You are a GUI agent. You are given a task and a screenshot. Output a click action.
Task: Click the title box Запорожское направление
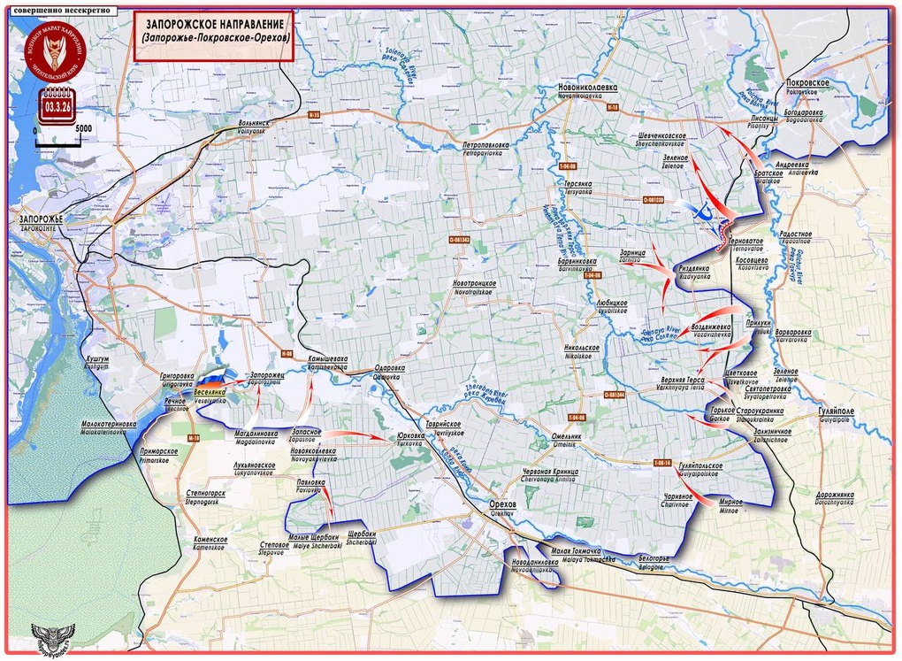pyautogui.click(x=215, y=36)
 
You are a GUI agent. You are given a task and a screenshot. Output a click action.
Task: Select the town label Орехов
pyautogui.click(x=502, y=504)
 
